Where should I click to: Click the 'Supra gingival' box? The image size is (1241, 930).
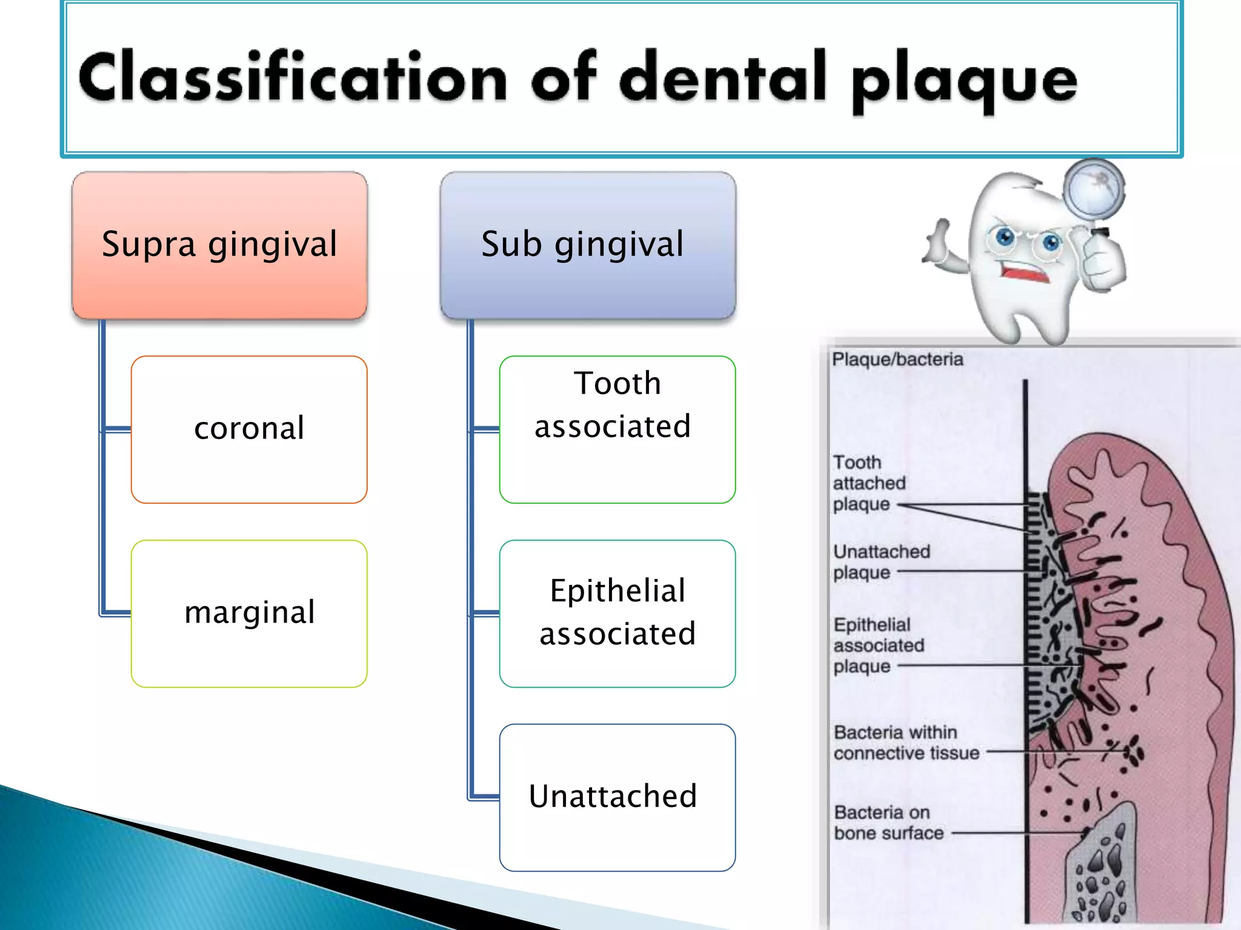[219, 245]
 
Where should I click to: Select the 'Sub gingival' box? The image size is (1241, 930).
[588, 245]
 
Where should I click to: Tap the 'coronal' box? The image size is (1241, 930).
[249, 429]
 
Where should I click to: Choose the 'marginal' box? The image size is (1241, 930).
[249, 613]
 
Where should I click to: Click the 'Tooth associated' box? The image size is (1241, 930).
[617, 429]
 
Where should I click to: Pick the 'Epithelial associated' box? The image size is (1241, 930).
[617, 613]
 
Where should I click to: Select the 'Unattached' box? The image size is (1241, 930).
[617, 797]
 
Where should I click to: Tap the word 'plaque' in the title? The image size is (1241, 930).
[963, 82]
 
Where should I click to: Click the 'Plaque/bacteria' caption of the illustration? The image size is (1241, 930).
[897, 360]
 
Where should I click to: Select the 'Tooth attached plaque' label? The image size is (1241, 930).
[869, 483]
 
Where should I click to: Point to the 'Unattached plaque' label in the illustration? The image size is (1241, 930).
[881, 562]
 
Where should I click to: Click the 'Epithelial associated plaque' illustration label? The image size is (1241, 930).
[878, 645]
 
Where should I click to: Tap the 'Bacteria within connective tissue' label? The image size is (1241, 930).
[906, 743]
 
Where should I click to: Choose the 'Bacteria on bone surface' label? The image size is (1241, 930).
[888, 823]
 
